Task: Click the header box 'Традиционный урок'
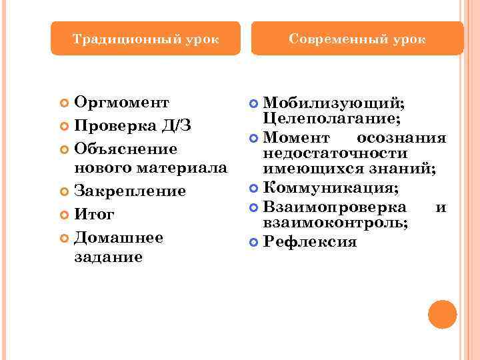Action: tap(145, 39)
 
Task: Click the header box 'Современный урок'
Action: tap(357, 39)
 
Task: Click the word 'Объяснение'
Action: tap(125, 148)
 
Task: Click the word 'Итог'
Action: tap(95, 215)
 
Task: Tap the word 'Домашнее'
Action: tap(119, 237)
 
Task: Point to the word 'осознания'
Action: tap(401, 138)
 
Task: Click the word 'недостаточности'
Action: tap(336, 154)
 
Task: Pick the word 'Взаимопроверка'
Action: tap(335, 207)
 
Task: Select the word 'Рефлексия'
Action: tap(310, 241)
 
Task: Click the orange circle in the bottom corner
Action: tap(442, 314)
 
